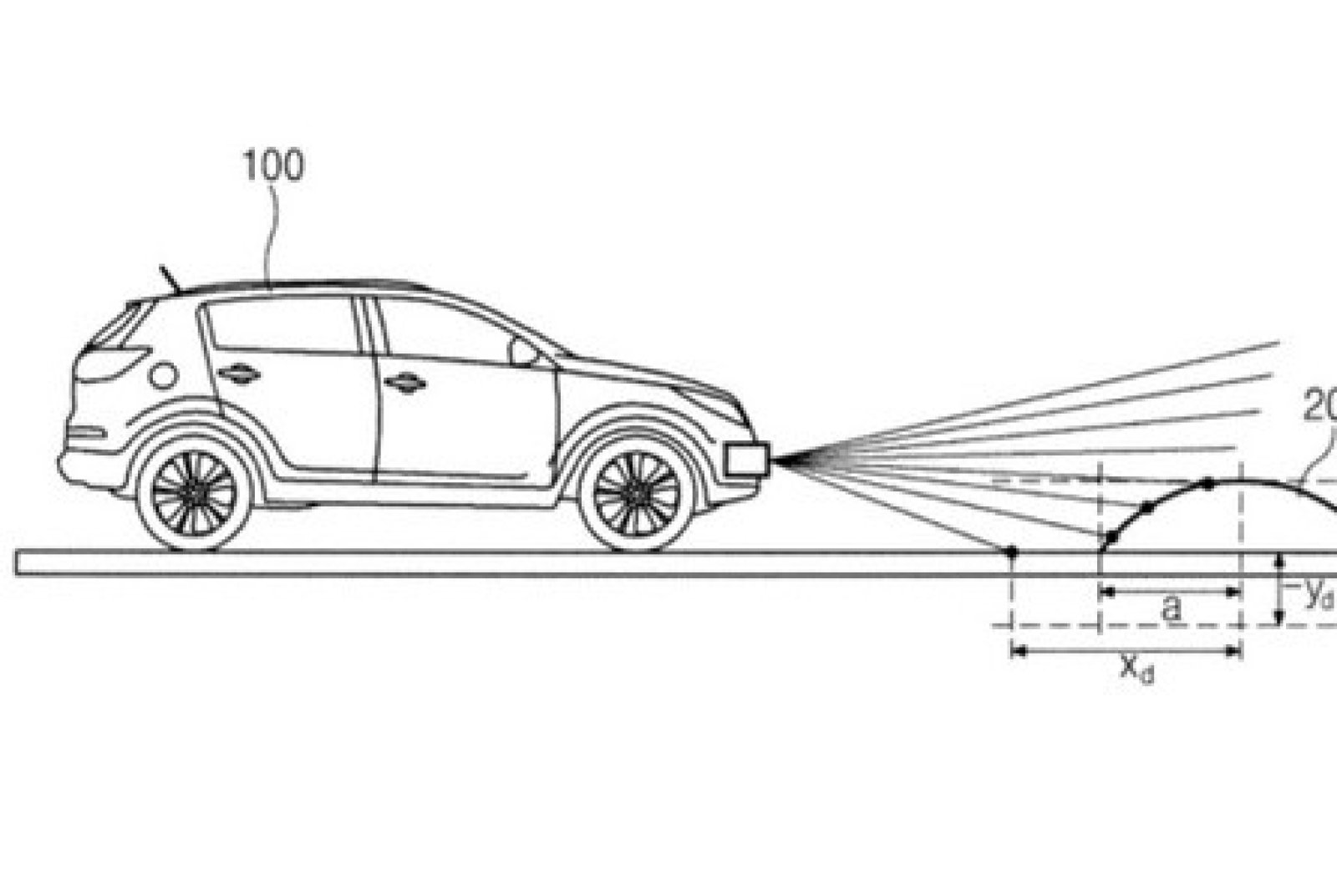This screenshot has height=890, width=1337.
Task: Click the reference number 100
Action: [x=273, y=166]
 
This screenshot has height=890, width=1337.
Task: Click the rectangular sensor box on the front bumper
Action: [x=746, y=459]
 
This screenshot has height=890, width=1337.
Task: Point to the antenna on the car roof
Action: [x=170, y=278]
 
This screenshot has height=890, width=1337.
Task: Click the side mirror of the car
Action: [x=523, y=352]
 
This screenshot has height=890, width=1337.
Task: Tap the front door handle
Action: [x=405, y=383]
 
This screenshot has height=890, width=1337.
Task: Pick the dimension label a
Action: [x=1172, y=608]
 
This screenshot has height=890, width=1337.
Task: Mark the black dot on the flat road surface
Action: [x=1011, y=552]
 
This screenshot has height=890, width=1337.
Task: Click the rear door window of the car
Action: [x=280, y=326]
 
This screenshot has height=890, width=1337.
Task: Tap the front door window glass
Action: [x=443, y=330]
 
